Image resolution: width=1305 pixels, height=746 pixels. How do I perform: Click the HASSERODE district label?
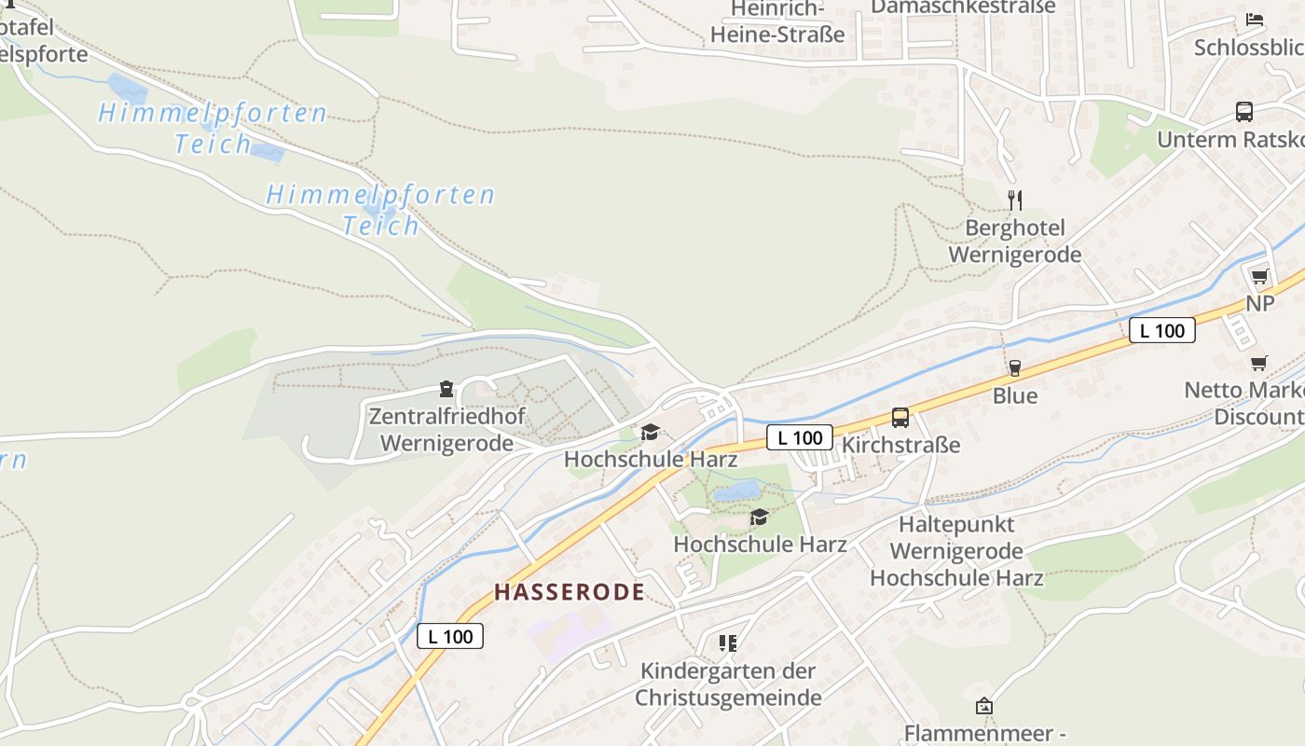coord(569,591)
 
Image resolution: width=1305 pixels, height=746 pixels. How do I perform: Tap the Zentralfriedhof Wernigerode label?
coord(446,430)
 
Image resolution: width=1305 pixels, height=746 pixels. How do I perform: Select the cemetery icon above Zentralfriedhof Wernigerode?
coord(446,388)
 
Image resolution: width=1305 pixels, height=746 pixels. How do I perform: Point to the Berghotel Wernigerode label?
coord(1015,242)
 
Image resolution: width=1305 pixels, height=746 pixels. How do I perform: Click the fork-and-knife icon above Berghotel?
coord(1015,200)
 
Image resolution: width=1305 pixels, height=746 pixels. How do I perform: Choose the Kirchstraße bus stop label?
coord(900,445)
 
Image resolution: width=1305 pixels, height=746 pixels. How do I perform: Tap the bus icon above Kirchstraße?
coord(900,418)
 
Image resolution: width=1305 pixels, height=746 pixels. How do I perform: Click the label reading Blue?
coord(1015,395)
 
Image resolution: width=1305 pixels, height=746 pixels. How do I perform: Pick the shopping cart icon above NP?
coord(1260,276)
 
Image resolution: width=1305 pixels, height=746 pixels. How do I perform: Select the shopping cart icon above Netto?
coord(1259,363)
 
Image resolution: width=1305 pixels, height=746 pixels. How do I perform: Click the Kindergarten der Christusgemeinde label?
coord(728,684)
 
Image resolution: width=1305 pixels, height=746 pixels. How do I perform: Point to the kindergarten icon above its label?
coord(727,642)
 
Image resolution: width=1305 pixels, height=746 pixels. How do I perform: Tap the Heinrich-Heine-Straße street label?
coord(777,22)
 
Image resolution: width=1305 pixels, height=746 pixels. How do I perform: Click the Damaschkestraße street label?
coord(963,7)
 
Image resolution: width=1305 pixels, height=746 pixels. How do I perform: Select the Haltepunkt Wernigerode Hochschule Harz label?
coord(957,551)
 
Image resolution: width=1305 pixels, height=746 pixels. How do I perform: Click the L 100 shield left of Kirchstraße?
coord(800,437)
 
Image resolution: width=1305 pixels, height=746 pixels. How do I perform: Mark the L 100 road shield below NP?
coord(1161,330)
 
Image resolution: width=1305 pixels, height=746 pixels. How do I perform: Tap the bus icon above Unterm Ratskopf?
coord(1244,112)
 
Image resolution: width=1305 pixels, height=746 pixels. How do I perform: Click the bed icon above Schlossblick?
coord(1255,20)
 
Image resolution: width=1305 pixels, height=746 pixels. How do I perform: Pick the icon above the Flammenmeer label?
coord(983,706)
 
